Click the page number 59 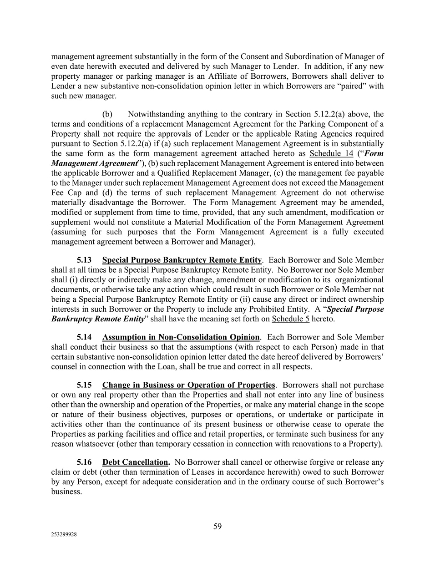[217, 527]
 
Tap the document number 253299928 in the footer [64, 535]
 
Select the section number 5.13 [84, 260]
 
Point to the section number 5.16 [84, 462]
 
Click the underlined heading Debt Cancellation [136, 462]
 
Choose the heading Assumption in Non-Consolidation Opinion [181, 337]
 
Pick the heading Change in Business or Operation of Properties [188, 385]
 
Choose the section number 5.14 [84, 337]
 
